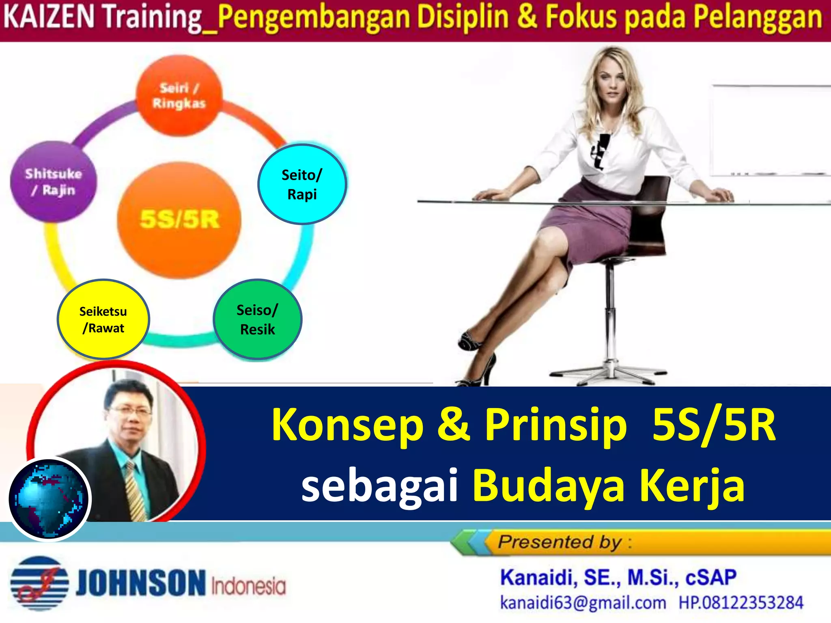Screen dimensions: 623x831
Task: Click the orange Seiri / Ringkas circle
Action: (179, 95)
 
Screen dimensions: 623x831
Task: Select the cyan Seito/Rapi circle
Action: (302, 184)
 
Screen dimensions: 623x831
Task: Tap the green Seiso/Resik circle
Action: (257, 320)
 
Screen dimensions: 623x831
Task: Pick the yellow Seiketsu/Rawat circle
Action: (103, 320)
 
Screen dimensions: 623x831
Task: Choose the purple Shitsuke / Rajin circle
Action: (53, 182)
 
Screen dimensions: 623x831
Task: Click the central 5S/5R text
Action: (179, 219)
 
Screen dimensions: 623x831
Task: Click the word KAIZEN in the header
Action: (49, 17)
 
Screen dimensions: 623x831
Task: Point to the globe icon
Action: (50, 499)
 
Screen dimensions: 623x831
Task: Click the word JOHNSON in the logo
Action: (141, 583)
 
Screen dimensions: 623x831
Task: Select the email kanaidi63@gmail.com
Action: (583, 603)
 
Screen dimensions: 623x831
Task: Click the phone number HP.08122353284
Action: (741, 603)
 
